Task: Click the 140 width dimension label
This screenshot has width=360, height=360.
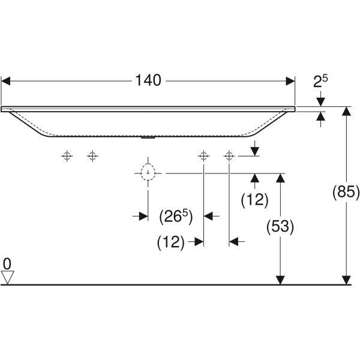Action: (148, 80)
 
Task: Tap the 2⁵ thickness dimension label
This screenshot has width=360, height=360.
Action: (320, 81)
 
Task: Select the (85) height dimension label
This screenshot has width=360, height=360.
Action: (346, 192)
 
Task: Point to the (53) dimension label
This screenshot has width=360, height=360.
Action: (280, 227)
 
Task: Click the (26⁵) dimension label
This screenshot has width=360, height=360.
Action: (176, 217)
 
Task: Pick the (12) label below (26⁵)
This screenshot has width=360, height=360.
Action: (171, 242)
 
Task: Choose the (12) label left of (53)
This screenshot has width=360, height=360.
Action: (254, 200)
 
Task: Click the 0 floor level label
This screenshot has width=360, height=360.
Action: (7, 264)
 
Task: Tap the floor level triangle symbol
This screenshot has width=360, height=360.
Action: (8, 277)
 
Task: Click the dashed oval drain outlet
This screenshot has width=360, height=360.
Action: (148, 172)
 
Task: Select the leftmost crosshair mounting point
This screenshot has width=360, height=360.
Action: (67, 156)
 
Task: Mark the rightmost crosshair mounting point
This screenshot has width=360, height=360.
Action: (229, 156)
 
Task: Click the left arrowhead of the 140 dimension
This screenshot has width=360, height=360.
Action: (5, 81)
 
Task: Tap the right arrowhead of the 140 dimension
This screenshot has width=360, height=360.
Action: (290, 81)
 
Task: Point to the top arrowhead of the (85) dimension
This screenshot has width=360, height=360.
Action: (346, 111)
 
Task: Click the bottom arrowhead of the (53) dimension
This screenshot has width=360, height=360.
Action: (280, 280)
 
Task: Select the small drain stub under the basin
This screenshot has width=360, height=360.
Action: (148, 137)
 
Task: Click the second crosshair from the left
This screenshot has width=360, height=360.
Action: (92, 156)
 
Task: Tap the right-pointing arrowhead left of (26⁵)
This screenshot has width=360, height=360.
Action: (143, 216)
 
